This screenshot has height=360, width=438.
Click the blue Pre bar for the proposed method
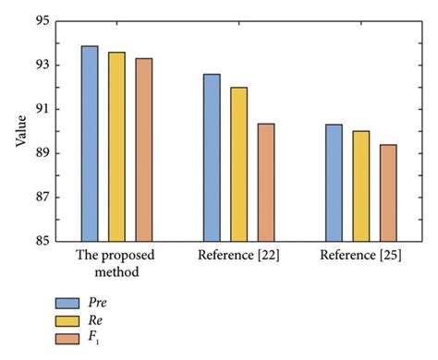90,144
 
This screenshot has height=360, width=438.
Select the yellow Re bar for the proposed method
116,147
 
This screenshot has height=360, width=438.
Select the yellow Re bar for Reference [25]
360,186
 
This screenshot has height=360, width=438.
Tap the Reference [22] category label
238,254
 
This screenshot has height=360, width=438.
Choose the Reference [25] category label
360,254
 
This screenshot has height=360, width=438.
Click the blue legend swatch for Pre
67,303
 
